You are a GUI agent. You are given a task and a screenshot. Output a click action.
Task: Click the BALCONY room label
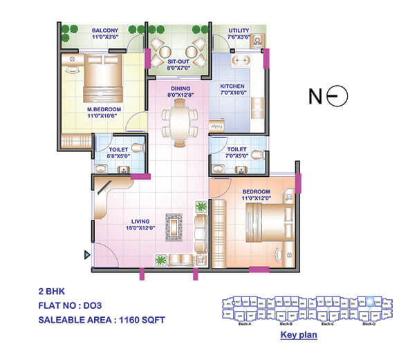tap(106, 30)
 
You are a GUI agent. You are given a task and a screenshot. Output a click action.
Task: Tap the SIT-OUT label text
tap(178, 61)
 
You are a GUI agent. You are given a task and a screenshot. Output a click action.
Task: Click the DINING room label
tap(180, 88)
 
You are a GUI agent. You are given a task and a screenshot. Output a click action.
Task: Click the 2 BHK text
tap(52, 290)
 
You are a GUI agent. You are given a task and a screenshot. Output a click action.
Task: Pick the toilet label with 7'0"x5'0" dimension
tap(237, 149)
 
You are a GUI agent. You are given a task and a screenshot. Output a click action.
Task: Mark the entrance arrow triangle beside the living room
tap(87, 255)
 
